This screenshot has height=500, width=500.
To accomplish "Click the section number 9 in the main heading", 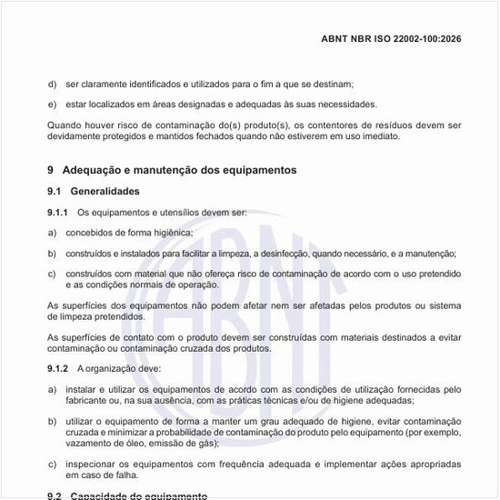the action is tap(51, 170).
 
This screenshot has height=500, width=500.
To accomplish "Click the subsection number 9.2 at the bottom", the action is tap(55, 495).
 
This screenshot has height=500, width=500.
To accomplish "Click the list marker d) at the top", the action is tap(52, 83).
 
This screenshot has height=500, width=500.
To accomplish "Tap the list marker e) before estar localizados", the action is tap(52, 104).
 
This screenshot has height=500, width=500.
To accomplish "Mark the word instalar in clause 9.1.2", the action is tap(83, 389).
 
